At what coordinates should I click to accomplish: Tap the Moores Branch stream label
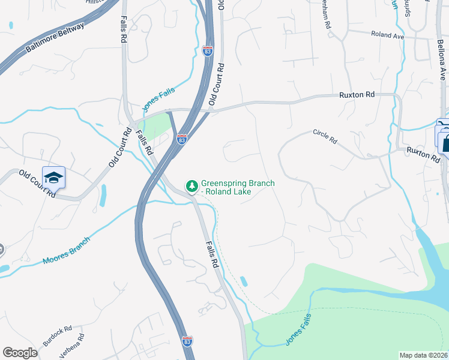66,251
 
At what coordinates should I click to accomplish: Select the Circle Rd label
325,136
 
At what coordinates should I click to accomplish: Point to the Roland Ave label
387,35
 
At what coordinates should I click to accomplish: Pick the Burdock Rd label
57,337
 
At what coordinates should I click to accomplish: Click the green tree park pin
192,187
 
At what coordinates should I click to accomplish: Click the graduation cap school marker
53,178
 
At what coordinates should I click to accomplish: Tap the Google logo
20,353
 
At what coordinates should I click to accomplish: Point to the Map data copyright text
423,355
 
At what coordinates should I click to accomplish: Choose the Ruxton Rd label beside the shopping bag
423,154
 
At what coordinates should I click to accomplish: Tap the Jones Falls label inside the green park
298,329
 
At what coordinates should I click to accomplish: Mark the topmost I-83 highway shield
208,51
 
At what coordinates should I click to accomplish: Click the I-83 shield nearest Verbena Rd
187,340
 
